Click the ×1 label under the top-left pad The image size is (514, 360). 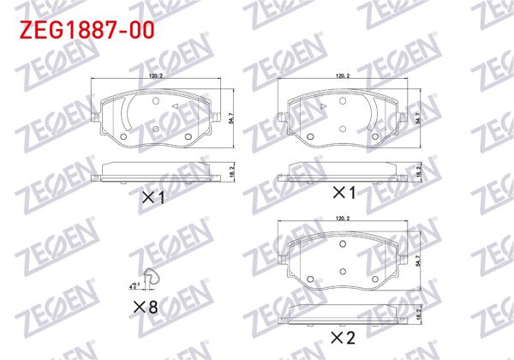coord(152,197)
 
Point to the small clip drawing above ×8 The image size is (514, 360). coord(152,276)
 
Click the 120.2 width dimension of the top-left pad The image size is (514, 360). coord(156,78)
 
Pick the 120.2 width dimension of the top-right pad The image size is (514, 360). coord(343,78)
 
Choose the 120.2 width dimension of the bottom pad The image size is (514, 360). coord(343,220)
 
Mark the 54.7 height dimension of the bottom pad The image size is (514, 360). coord(419,256)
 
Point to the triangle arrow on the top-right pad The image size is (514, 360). coord(325,106)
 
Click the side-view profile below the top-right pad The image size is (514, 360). coord(343,171)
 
